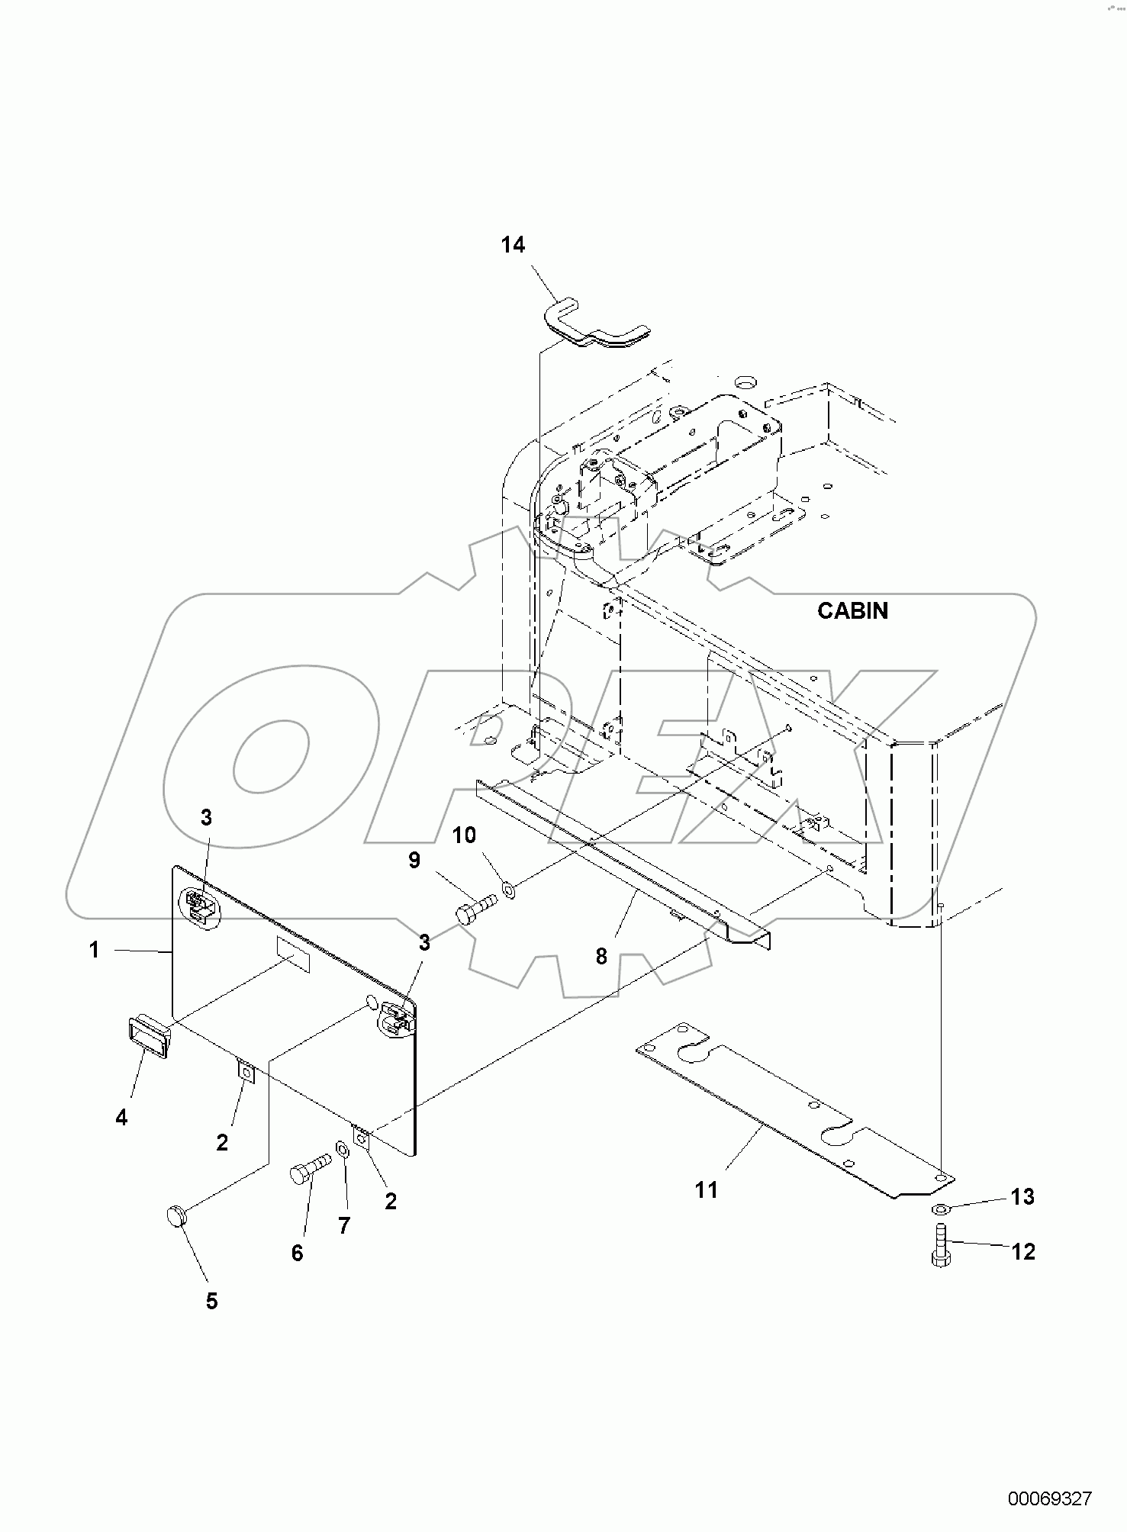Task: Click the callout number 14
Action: (513, 245)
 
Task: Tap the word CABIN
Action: (852, 610)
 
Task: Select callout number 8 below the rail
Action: (601, 956)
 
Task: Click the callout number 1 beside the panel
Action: (94, 950)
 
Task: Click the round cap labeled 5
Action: (177, 1215)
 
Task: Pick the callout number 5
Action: (211, 1301)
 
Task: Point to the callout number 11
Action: (706, 1189)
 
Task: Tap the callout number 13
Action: (1022, 1196)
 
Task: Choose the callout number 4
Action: (121, 1117)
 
